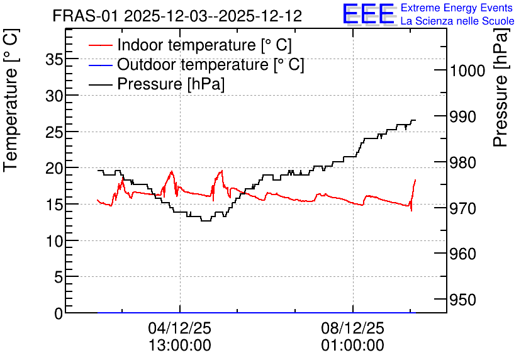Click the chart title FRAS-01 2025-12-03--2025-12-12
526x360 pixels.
point(177,16)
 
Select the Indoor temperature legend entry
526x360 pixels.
point(190,45)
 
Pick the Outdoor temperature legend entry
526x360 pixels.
point(196,64)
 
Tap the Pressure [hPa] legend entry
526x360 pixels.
point(157,84)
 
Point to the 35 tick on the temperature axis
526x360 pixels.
point(54,60)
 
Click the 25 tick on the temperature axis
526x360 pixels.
point(54,133)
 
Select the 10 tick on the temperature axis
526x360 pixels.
point(54,241)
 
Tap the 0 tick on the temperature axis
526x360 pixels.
point(59,313)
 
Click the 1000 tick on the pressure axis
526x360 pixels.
point(467,70)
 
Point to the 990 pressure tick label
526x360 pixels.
point(463,117)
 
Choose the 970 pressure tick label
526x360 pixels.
point(463,208)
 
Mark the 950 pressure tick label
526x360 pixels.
point(463,300)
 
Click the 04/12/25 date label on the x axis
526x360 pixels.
point(180,328)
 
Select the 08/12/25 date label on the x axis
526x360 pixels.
point(352,328)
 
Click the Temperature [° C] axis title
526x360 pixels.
point(11,101)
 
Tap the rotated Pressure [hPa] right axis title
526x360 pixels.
point(501,87)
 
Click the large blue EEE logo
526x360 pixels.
point(368,14)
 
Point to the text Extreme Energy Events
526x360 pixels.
point(457,8)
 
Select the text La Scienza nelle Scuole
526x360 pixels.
point(457,21)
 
